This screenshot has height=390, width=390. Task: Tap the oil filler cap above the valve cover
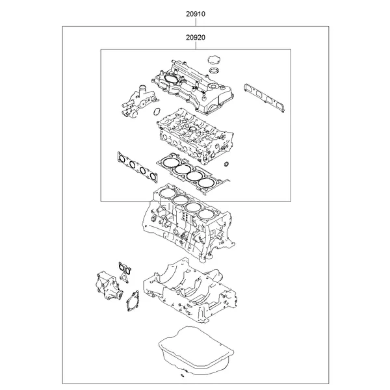point(213,62)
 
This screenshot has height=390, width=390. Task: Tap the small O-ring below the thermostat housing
point(156,113)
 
